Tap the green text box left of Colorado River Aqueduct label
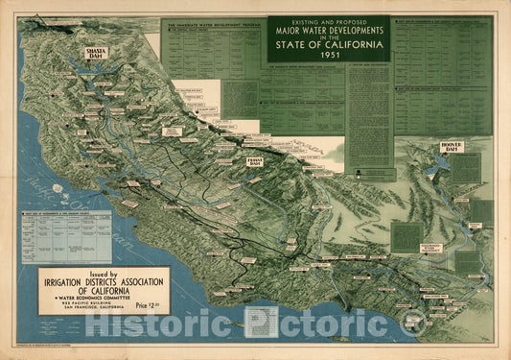click(x=406, y=236)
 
